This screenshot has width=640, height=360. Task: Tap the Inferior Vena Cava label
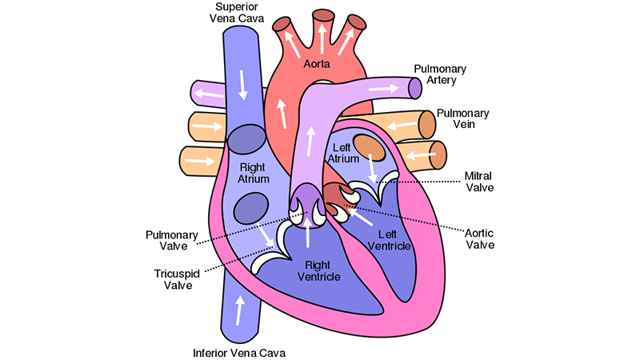[238, 351]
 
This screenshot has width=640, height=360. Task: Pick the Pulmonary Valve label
[167, 242]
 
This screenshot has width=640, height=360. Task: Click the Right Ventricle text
[318, 271]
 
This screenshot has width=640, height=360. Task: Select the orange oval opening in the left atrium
[370, 146]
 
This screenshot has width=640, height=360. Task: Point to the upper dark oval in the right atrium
[247, 139]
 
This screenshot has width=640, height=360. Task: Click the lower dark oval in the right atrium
[250, 209]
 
